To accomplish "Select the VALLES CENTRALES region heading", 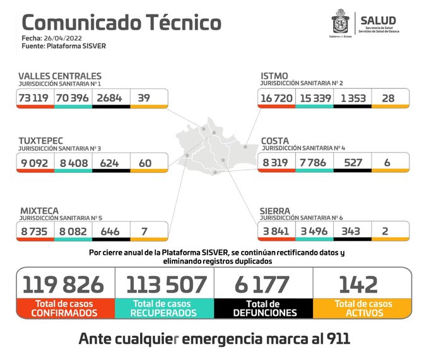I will [59, 76].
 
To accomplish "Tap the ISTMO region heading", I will [275, 76].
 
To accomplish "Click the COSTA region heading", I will [275, 140].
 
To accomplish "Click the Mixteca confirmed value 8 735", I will [35, 231].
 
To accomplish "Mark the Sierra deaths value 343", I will [351, 231].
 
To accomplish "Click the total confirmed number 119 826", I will [64, 284].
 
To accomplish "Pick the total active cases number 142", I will [363, 284].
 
